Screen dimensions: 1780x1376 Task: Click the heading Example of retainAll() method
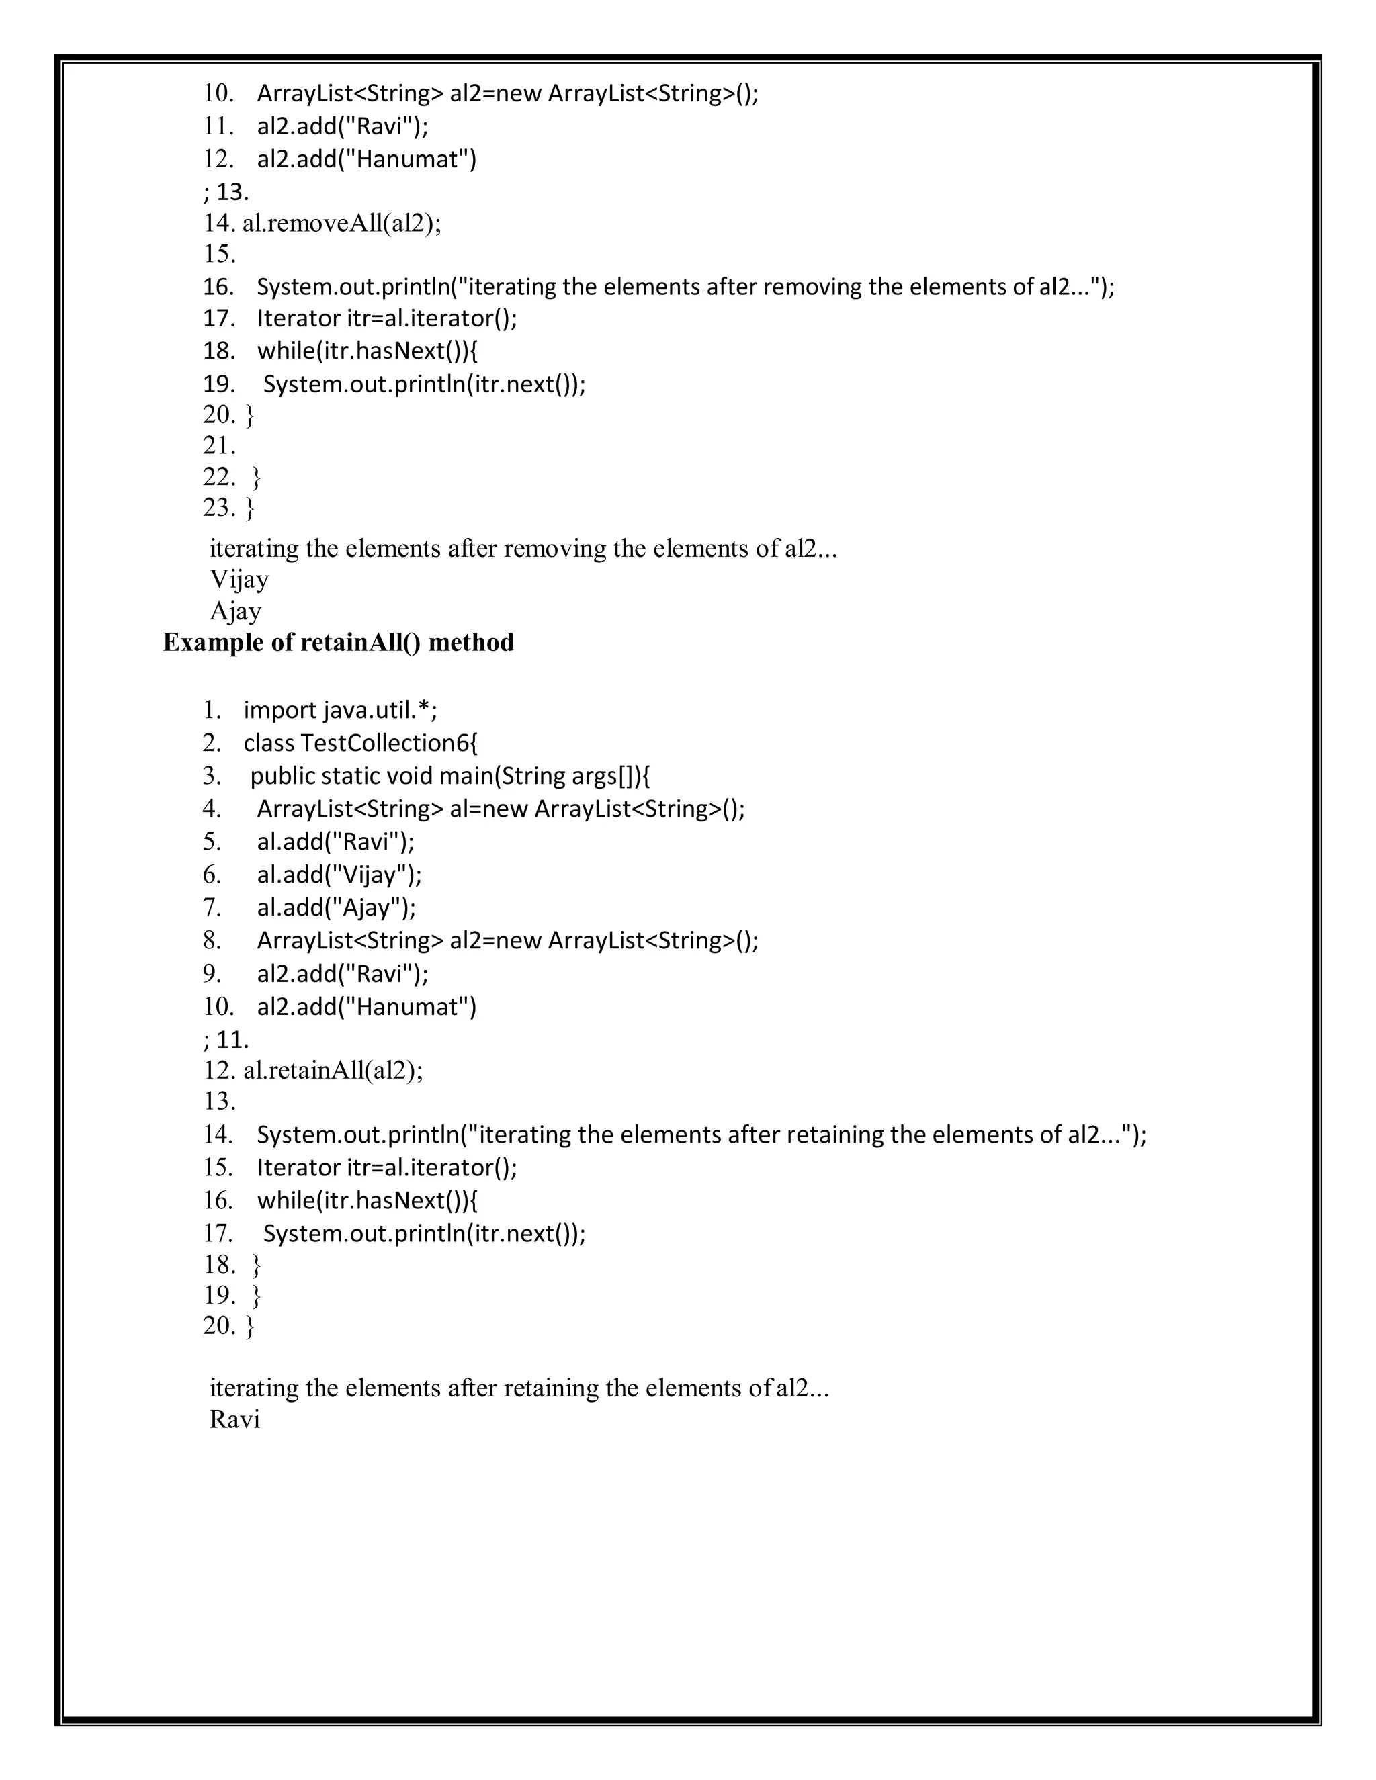tap(339, 643)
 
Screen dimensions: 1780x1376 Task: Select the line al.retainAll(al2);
tap(333, 1070)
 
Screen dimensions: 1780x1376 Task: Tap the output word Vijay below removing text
tap(239, 580)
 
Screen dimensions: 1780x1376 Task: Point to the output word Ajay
tap(236, 611)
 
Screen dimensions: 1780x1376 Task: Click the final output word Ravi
tap(234, 1419)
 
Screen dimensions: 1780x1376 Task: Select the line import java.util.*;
tap(340, 711)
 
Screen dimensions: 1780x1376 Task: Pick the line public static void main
tap(449, 776)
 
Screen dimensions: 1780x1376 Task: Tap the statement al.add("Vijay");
tap(339, 875)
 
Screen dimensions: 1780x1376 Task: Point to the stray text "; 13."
tap(226, 191)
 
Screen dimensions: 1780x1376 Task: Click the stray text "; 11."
tap(226, 1040)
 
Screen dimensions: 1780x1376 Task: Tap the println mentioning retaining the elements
tap(701, 1134)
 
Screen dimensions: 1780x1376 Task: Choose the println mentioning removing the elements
tap(685, 287)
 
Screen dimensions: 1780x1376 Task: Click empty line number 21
tap(219, 446)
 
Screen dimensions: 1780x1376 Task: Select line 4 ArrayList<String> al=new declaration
tap(501, 809)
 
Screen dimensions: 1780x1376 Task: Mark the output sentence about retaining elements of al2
tap(519, 1388)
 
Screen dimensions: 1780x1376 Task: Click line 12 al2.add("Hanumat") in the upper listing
tap(366, 159)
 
